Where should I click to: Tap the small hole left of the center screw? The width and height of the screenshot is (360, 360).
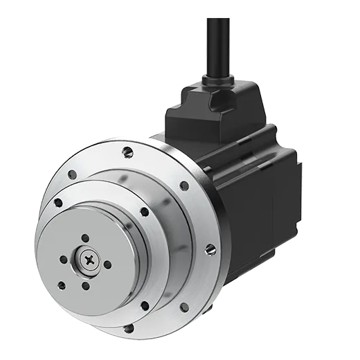point(64,261)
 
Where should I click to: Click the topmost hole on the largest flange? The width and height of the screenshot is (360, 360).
point(126,151)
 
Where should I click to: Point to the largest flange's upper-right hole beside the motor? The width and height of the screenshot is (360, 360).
point(184,186)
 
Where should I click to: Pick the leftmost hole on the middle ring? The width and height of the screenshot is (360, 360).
point(57,202)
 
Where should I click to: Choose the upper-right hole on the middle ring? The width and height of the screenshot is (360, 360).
point(144,212)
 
